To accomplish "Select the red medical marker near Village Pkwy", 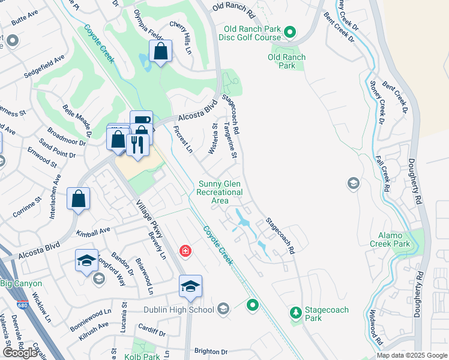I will point(185,250).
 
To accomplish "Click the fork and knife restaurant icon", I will point(137,145).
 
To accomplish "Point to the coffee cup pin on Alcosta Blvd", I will point(141,121).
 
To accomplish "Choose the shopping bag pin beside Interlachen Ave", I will point(79,199).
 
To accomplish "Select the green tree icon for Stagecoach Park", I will point(295,312).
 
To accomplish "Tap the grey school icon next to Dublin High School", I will point(223,310).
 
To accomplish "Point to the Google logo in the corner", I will point(20,353).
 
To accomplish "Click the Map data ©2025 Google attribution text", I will point(411,355).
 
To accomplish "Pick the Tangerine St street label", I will point(231,141).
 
